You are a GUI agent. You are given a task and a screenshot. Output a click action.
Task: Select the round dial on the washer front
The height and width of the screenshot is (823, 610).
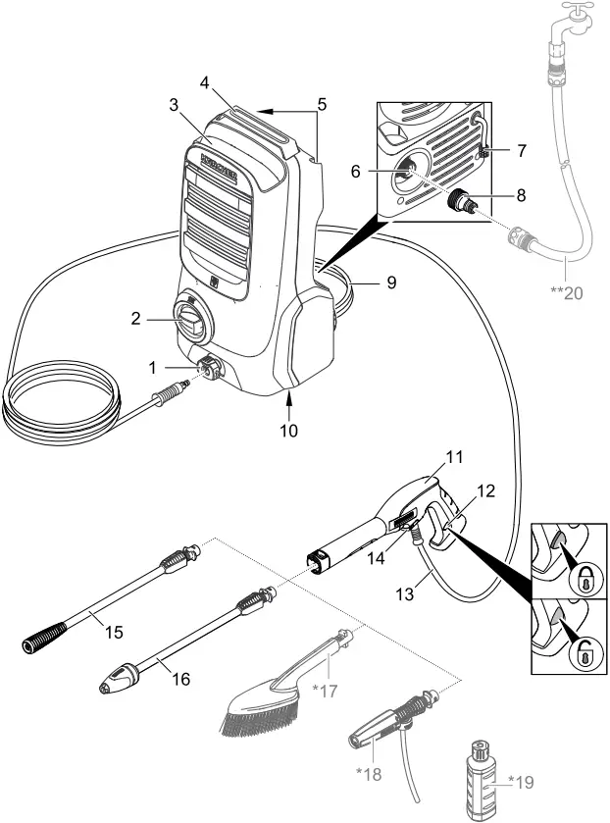click(x=189, y=320)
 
